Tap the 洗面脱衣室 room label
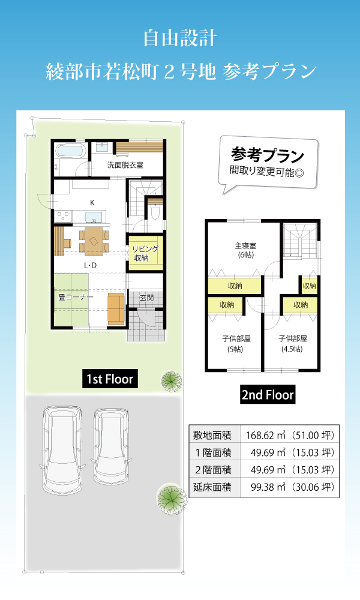(x=125, y=165)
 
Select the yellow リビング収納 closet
(x=146, y=253)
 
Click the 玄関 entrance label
(x=146, y=297)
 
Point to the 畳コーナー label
(x=76, y=297)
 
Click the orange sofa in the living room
(x=116, y=308)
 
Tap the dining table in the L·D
(x=94, y=241)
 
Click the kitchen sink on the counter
(x=94, y=217)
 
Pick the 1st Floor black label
(x=110, y=379)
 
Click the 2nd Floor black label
(x=268, y=395)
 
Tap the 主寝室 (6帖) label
(x=245, y=250)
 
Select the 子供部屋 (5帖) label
(x=236, y=344)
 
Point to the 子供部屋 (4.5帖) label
(x=293, y=344)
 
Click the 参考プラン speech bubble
(x=268, y=163)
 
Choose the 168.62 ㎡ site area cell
(x=290, y=435)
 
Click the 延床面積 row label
(x=212, y=487)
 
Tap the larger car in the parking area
(x=62, y=451)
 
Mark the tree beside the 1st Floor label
(x=171, y=381)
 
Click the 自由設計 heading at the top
(x=180, y=38)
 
